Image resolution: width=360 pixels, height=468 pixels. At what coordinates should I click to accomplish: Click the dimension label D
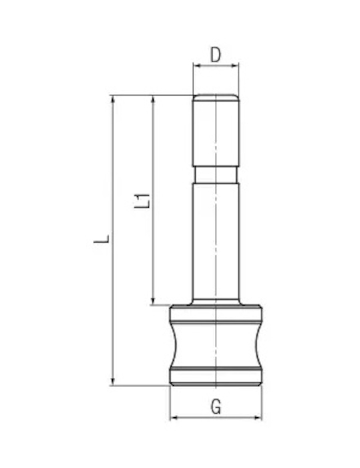(x=215, y=55)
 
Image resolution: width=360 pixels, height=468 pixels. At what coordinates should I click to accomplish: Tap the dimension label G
(x=216, y=406)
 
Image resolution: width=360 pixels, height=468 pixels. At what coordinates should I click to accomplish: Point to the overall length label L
(x=102, y=239)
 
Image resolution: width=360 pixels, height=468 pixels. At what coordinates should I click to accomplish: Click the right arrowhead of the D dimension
(x=235, y=66)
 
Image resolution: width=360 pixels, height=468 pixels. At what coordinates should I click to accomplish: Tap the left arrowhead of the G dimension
(x=174, y=418)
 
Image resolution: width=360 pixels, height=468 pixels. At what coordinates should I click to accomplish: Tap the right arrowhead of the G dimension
(x=258, y=418)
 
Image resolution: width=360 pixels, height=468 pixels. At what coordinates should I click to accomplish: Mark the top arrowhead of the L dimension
(x=113, y=99)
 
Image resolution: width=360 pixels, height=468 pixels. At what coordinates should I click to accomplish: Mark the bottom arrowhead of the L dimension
(x=113, y=382)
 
